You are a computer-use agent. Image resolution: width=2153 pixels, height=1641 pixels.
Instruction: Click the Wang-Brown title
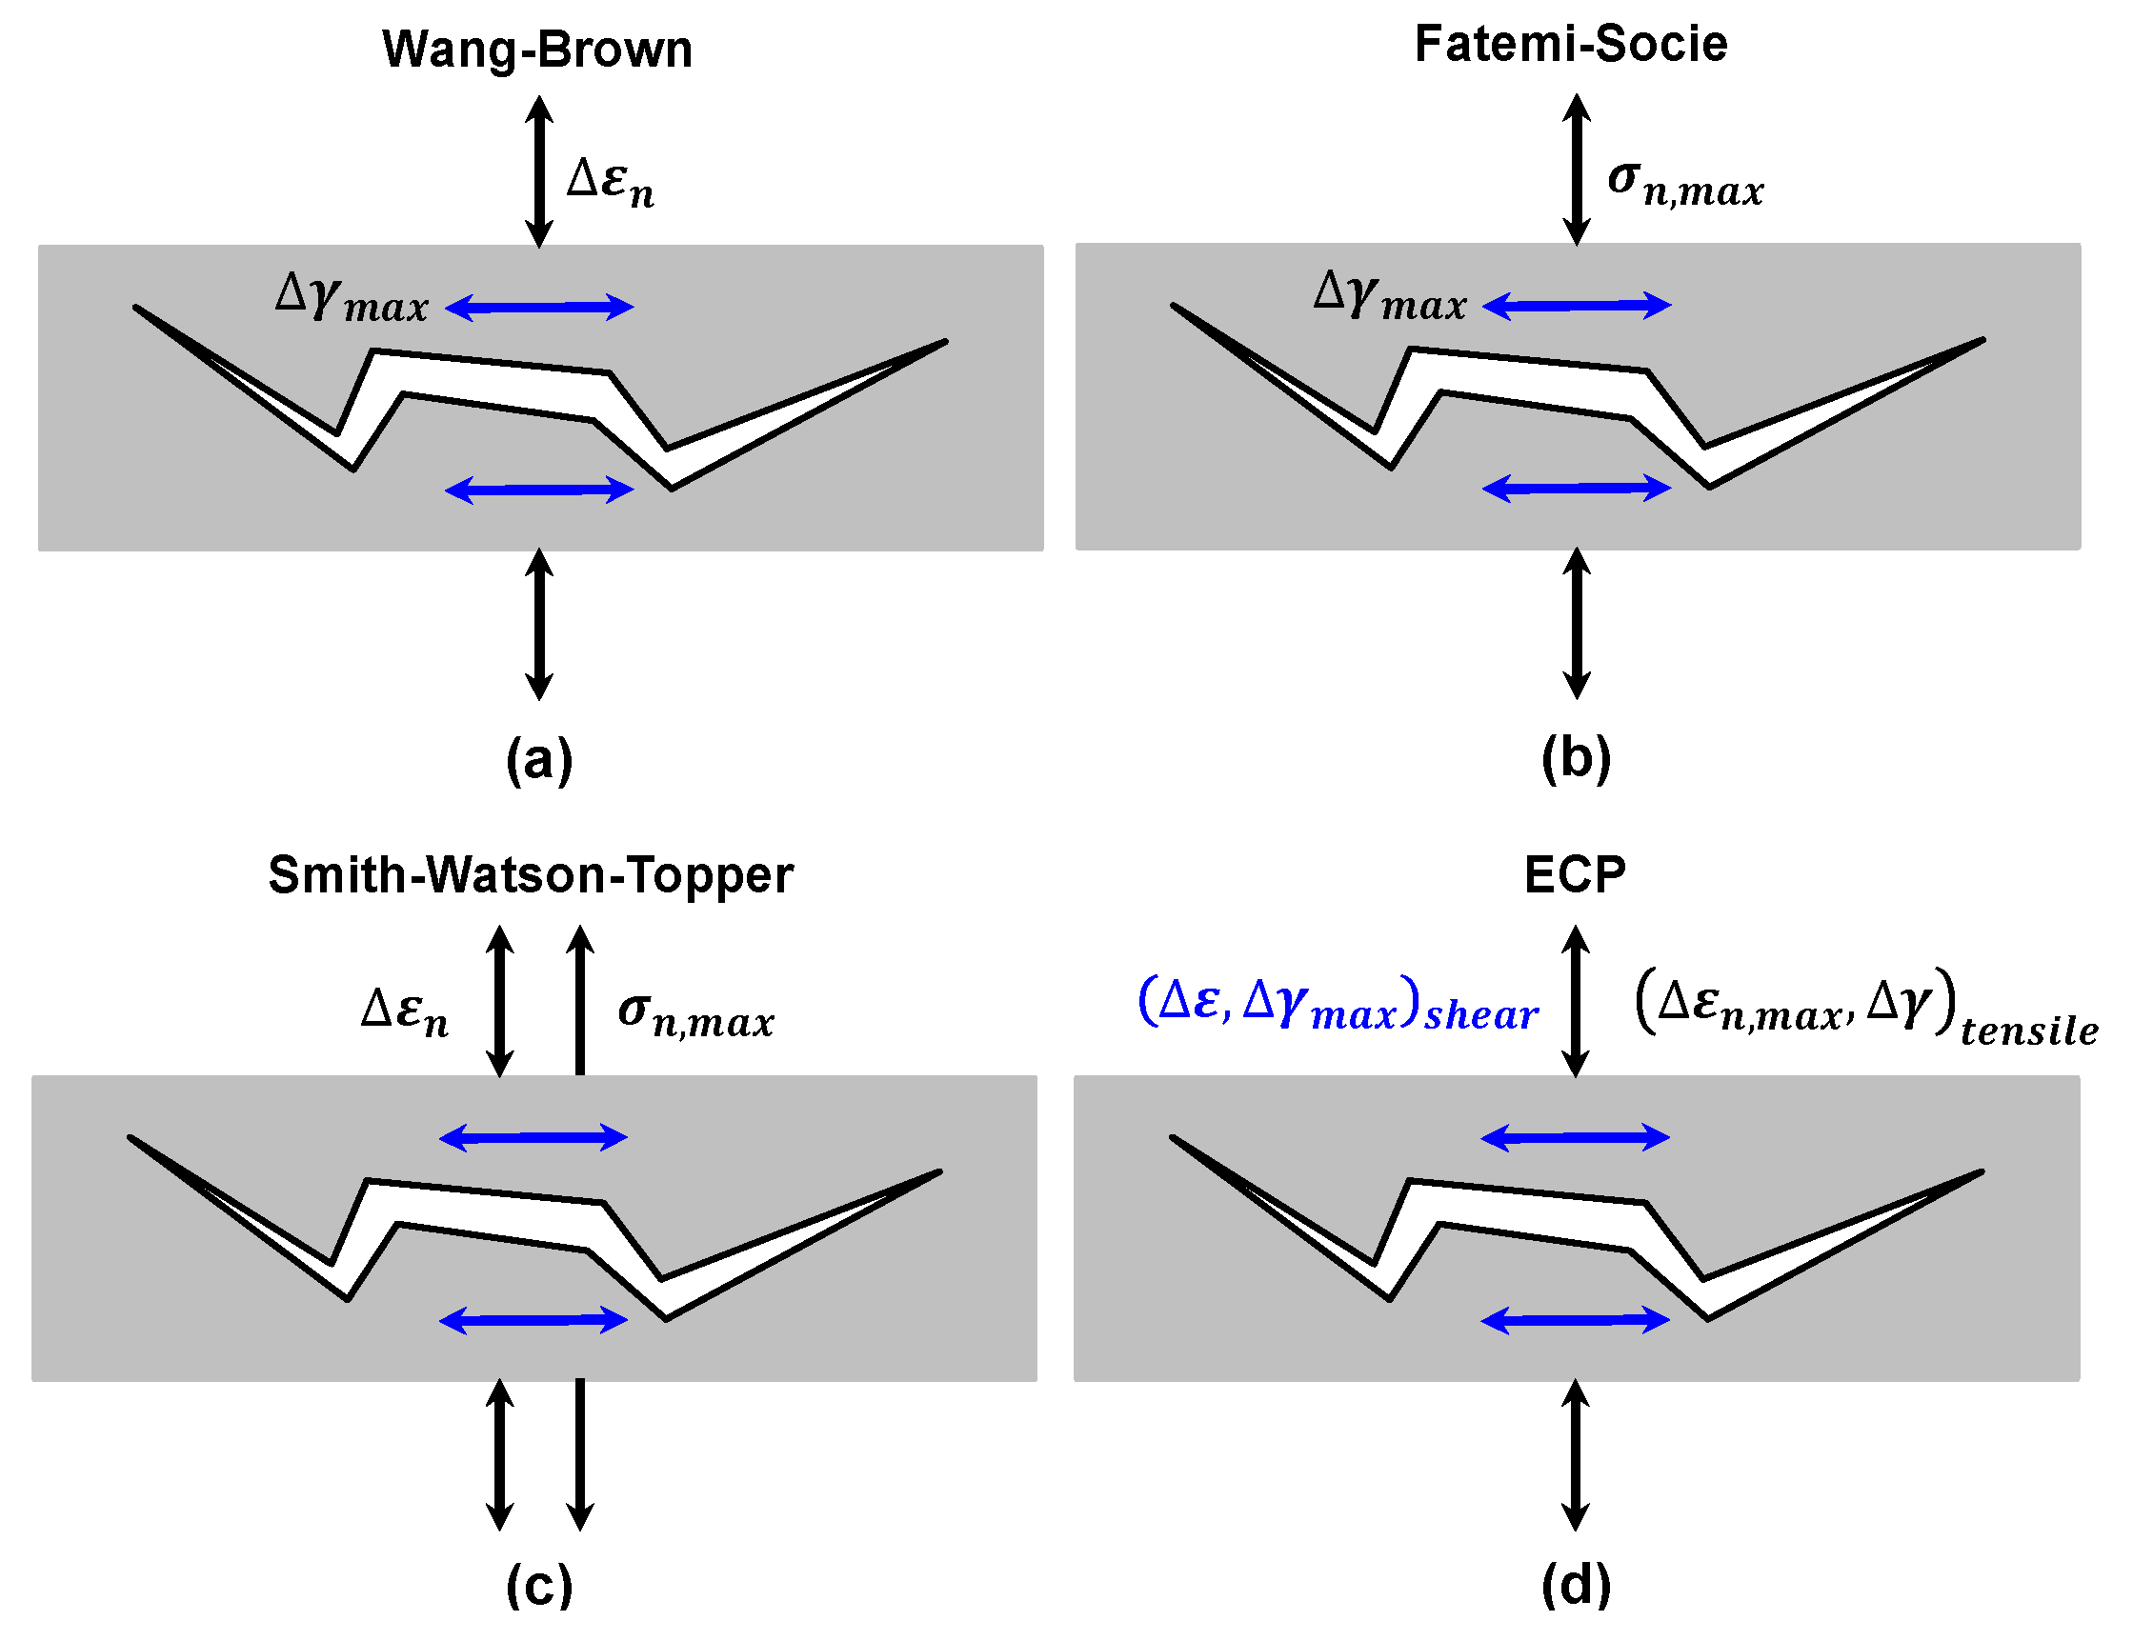coord(537,49)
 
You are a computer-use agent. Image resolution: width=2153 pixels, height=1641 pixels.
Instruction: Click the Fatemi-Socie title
coord(1571,44)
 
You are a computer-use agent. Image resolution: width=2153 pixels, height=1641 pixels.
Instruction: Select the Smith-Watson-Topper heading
coord(531,874)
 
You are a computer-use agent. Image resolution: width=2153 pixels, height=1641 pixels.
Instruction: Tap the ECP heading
coord(1575,874)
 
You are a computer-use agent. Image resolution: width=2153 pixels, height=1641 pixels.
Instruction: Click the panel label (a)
coord(539,760)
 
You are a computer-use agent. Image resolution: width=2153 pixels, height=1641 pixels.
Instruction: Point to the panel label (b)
coord(1576,758)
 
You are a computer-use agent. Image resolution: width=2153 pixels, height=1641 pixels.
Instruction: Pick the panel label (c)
coord(539,1586)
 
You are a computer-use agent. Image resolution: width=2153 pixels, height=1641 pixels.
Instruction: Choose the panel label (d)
coord(1576,1585)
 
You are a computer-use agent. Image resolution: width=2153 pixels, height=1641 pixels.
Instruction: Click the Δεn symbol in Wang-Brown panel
coord(610,182)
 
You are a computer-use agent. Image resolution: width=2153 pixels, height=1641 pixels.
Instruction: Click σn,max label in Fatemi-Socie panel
coord(1685,184)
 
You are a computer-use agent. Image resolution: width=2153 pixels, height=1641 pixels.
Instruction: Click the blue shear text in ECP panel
coord(1338,1004)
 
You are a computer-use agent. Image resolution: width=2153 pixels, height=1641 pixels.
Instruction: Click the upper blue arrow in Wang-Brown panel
coord(539,307)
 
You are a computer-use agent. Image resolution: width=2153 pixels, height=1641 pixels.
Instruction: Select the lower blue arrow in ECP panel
coord(1575,1322)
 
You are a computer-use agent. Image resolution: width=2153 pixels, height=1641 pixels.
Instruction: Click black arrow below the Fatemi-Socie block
coord(1576,623)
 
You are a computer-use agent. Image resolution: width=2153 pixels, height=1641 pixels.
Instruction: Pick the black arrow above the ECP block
coord(1575,1001)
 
